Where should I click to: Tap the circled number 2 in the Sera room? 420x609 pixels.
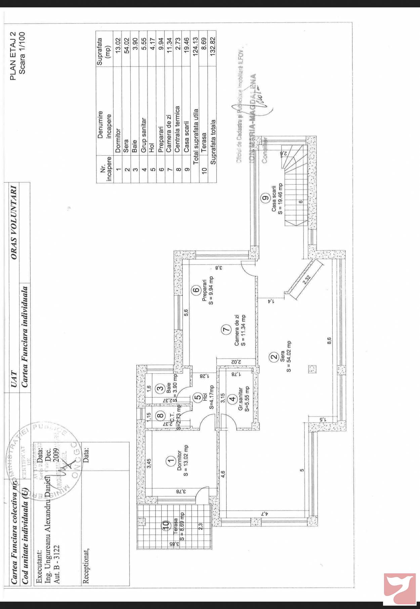(274, 357)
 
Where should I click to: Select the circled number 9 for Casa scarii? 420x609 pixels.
(265, 198)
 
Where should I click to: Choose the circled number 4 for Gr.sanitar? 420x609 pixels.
(232, 399)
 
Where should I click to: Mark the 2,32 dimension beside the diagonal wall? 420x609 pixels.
(306, 280)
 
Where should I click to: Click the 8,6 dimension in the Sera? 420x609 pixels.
(329, 341)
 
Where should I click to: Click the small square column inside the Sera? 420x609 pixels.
(312, 369)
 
